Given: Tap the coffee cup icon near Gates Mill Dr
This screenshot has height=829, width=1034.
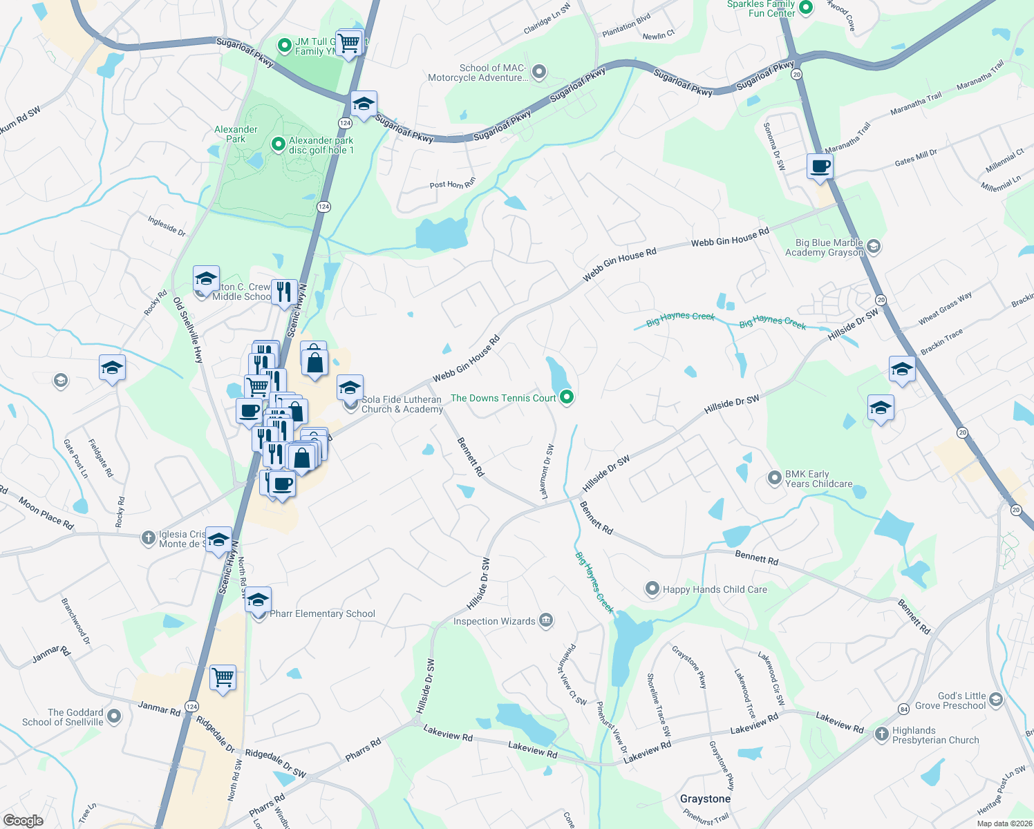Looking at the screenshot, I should [x=820, y=167].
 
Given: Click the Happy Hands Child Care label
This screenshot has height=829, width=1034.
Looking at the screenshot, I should [x=715, y=589].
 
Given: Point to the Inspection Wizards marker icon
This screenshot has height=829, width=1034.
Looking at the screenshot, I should [x=546, y=620].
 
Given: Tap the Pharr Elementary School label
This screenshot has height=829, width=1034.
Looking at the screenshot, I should [x=322, y=613].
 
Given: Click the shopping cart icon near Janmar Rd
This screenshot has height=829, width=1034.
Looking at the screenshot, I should [x=223, y=678].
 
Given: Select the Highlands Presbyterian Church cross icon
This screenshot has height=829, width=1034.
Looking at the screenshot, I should [x=881, y=734].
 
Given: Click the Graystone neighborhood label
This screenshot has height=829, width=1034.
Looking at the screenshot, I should [x=705, y=799].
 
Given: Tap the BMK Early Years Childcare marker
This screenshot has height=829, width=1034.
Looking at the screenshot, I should [x=775, y=477].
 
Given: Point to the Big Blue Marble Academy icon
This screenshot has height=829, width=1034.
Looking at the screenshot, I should [x=873, y=246].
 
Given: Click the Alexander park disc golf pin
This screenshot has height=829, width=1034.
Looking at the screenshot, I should [x=279, y=144].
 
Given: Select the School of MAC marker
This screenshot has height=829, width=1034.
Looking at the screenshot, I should [x=539, y=71].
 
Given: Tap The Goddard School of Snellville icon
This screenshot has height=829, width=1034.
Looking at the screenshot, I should [x=114, y=716].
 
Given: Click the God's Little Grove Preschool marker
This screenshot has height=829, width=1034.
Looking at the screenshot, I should [x=996, y=700].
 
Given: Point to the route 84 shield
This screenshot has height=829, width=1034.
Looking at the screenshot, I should [x=903, y=709].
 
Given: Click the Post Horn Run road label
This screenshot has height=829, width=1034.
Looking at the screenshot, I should [x=453, y=184].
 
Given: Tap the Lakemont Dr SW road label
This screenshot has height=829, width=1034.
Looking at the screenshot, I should [x=547, y=472].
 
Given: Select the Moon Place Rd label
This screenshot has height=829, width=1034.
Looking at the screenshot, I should [x=46, y=513].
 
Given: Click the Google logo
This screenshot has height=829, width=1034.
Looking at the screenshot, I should [x=23, y=820].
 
